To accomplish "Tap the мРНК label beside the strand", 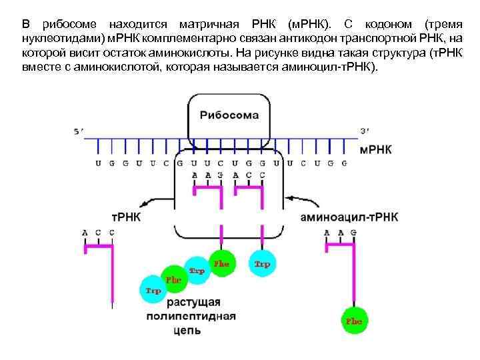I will (375, 149).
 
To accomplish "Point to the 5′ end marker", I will (79, 131).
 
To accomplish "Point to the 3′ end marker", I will (364, 131).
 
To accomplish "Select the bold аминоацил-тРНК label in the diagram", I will (349, 217).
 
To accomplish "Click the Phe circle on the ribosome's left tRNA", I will (221, 264).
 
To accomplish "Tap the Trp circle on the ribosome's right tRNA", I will (261, 265).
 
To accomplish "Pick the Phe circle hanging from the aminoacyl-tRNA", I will (353, 321).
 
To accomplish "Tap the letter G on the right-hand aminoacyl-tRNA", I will (353, 232).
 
